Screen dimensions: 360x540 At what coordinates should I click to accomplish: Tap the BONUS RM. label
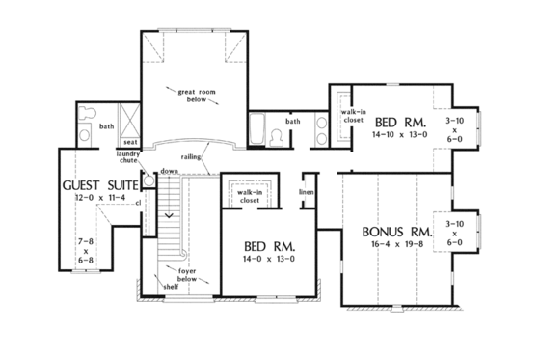tap(396, 233)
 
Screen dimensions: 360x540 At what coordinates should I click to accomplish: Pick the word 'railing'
tap(190, 156)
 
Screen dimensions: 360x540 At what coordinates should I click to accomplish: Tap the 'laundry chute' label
tap(128, 158)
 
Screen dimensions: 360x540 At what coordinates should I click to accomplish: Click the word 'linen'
tap(306, 192)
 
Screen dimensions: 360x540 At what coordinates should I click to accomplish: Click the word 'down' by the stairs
tap(170, 172)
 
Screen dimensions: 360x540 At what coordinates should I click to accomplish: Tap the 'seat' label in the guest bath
tap(128, 142)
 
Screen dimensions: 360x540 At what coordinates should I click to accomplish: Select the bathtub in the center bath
tap(258, 129)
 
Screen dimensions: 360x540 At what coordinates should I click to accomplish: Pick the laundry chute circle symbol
tap(148, 179)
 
